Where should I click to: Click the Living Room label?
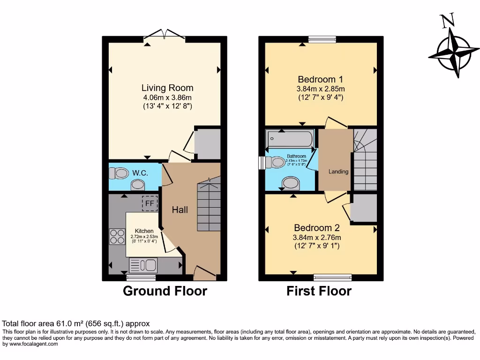pyautogui.click(x=167, y=88)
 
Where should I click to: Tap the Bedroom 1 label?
pyautogui.click(x=316, y=79)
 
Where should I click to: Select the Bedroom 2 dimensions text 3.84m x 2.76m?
pyautogui.click(x=317, y=237)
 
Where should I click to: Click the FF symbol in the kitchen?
pyautogui.click(x=150, y=203)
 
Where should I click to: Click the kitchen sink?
pyautogui.click(x=142, y=265)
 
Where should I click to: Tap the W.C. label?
pyautogui.click(x=140, y=173)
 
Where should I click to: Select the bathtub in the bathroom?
pyautogui.click(x=289, y=139)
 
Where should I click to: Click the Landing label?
pyautogui.click(x=338, y=172)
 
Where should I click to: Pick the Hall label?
pyautogui.click(x=180, y=210)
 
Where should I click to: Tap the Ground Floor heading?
pyautogui.click(x=165, y=291)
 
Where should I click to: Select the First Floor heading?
pyautogui.click(x=319, y=291)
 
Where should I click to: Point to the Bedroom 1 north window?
pyautogui.click(x=322, y=39)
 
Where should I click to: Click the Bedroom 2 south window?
pyautogui.click(x=332, y=277)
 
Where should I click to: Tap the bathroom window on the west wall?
pyautogui.click(x=262, y=162)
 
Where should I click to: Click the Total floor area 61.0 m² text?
pyautogui.click(x=76, y=323)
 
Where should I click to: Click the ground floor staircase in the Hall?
pyautogui.click(x=208, y=206)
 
